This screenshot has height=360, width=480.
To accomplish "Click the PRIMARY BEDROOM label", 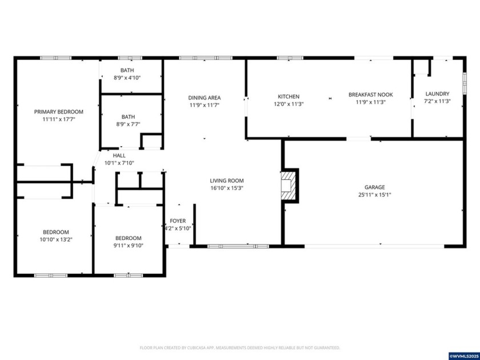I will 59,111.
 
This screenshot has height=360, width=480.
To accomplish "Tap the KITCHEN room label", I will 289,96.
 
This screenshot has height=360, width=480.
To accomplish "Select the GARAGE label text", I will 375,187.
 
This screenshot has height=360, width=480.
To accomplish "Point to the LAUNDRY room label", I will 438,94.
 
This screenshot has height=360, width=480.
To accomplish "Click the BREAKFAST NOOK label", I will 371,94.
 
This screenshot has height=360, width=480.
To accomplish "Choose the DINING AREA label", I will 205,98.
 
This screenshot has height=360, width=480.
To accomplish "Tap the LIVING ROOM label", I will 227,180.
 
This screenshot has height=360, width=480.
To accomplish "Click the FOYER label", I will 178,221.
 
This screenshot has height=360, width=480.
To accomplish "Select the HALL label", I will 119,155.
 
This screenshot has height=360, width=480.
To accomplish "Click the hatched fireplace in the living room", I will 289,186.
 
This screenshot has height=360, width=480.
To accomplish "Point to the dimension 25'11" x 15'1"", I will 374,195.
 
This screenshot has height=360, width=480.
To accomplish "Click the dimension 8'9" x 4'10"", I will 127,78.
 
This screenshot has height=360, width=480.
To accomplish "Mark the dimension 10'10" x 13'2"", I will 56,239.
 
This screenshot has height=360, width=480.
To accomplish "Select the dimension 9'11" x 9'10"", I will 128,246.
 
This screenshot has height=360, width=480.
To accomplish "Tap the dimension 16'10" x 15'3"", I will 227,188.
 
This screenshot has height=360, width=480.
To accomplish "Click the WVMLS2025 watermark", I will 463,355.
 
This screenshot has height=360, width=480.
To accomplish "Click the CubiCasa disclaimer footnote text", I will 240,347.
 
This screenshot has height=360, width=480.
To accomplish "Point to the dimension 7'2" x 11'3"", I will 438,101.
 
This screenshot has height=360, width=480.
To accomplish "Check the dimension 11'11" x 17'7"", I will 59,119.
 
